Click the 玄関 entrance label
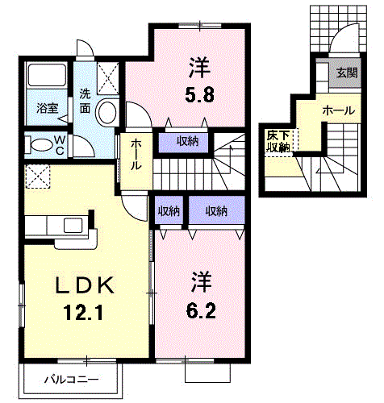347,73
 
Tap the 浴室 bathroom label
48,108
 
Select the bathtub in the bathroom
47,75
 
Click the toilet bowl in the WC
41,145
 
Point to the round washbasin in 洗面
107,112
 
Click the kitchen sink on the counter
73,225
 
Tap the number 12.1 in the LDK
83,313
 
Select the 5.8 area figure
199,94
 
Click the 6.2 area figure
201,311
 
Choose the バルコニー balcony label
71,380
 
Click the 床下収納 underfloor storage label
278,141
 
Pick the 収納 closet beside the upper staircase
187,141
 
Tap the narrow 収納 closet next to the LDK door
169,211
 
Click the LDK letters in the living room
84,285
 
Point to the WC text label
60,146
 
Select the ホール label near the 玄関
339,110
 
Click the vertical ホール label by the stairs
136,155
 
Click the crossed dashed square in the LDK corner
38,177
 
